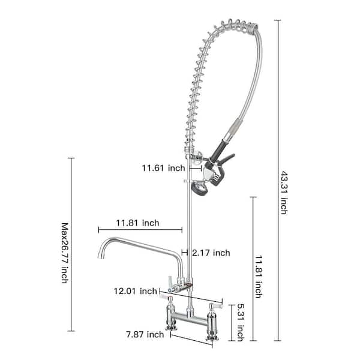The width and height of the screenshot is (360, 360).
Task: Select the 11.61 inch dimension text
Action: point(163,169)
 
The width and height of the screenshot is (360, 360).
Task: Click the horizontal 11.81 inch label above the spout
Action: point(137,223)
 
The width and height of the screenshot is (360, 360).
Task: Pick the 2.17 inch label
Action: point(211,253)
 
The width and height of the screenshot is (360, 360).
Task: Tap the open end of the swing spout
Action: point(98,256)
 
